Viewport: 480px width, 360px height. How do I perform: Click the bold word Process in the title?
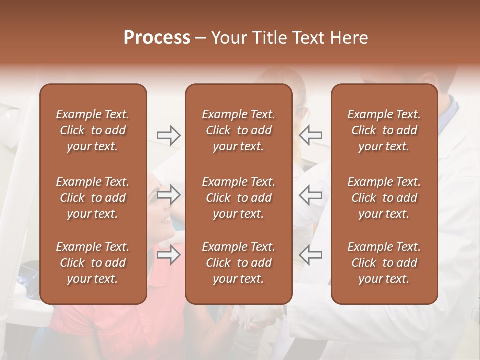pyautogui.click(x=157, y=38)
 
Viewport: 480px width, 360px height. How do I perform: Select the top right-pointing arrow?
pyautogui.click(x=169, y=135)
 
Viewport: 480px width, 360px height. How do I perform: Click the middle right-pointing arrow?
pyautogui.click(x=169, y=195)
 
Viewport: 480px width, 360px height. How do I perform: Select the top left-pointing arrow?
pyautogui.click(x=310, y=135)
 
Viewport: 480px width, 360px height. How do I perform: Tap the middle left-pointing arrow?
pyautogui.click(x=310, y=195)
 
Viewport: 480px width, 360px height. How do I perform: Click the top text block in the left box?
pyautogui.click(x=93, y=130)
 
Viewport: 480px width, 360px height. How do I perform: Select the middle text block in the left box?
pyautogui.click(x=93, y=198)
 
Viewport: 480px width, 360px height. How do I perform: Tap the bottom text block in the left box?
pyautogui.click(x=93, y=263)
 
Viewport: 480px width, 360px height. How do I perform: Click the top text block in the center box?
pyautogui.click(x=238, y=130)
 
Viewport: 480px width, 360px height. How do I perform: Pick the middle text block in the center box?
pyautogui.click(x=238, y=198)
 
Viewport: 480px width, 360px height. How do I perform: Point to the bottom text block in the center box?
pyautogui.click(x=238, y=263)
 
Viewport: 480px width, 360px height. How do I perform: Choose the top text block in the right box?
pyautogui.click(x=384, y=130)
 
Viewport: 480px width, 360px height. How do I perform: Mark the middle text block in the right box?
pyautogui.click(x=384, y=198)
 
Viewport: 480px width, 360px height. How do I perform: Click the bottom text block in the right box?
pyautogui.click(x=384, y=263)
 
